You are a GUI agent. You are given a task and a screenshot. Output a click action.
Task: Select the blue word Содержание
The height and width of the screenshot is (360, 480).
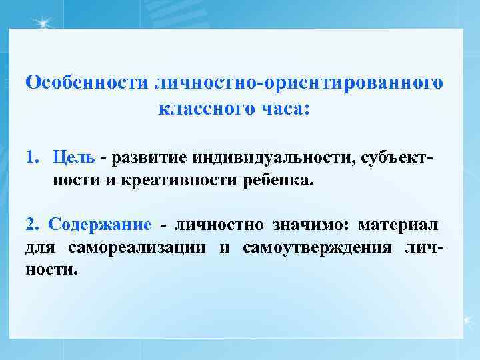99,225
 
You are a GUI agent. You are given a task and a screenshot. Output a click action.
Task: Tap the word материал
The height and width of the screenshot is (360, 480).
406,225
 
